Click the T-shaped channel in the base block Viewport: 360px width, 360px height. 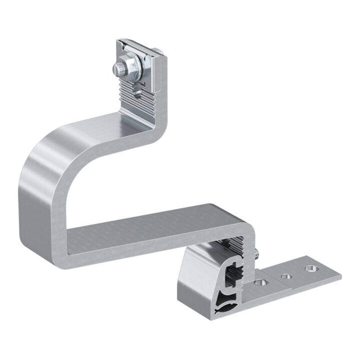click(234, 274)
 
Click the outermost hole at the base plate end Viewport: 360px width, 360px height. click(310, 269)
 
